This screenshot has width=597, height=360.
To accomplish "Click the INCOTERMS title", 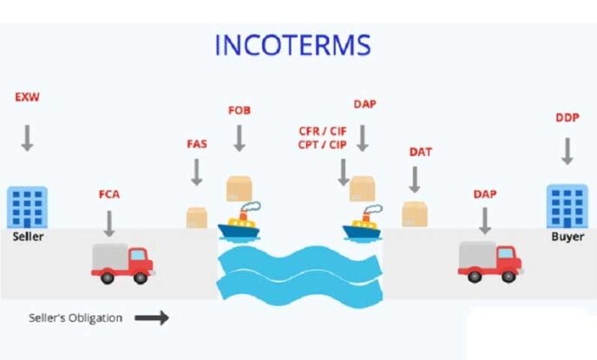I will (x=293, y=44).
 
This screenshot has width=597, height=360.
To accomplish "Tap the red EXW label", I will (x=27, y=97).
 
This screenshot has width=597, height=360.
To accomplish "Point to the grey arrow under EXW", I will (x=27, y=137).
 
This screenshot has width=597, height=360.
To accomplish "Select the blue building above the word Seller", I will (x=27, y=206).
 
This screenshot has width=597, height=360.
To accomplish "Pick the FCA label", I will (x=109, y=193).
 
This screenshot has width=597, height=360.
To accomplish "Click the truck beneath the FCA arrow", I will (x=122, y=262).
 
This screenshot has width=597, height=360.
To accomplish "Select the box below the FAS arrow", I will (x=197, y=217).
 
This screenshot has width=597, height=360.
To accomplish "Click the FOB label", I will (x=239, y=111).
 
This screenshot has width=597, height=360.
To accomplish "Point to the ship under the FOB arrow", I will (x=239, y=223).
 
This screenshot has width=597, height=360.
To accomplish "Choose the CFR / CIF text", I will (x=322, y=131).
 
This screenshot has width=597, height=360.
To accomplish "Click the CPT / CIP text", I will (x=322, y=145).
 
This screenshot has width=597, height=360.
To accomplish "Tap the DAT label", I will (x=420, y=152).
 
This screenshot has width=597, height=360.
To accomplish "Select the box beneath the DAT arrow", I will (x=415, y=213).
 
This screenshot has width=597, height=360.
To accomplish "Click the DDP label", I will (x=567, y=118).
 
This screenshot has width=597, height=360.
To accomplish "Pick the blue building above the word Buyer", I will (x=567, y=206).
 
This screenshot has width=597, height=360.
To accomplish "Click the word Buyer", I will (x=567, y=236).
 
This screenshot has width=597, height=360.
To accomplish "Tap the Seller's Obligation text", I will (x=76, y=317).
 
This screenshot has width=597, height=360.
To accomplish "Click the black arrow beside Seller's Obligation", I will (x=151, y=317).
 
